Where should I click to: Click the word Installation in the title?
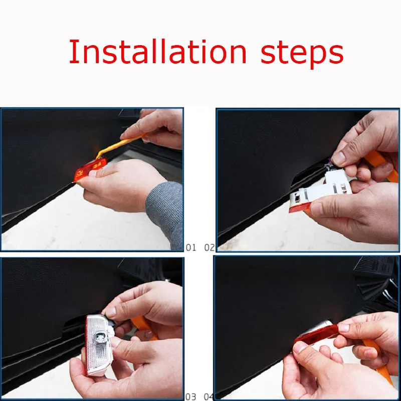point(157,52)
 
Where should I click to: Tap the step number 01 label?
point(191,248)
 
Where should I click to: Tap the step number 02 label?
point(210,248)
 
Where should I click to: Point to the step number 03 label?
point(191,397)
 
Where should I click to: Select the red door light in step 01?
point(90,169)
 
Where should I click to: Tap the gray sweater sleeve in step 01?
point(165,212)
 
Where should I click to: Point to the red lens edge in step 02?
point(300,208)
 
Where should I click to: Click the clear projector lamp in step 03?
point(99,345)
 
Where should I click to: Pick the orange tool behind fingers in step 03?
point(143,326)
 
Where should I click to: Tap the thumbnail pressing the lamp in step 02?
point(339,158)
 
